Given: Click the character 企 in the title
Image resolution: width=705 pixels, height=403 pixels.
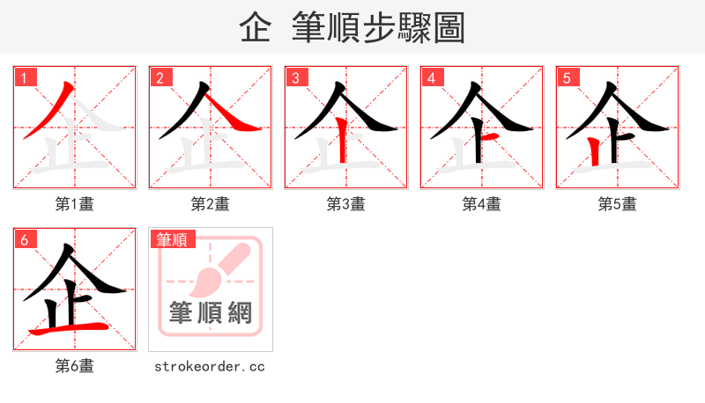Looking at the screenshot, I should pos(255,28).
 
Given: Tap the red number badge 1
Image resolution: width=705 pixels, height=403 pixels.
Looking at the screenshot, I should pos(24,77).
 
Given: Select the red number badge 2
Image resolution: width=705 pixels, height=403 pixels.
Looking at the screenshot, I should pos(160,77).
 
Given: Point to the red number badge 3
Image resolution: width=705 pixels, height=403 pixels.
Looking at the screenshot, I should pos(295,77).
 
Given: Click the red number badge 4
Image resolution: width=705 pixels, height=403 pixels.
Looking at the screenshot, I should pos(431,77).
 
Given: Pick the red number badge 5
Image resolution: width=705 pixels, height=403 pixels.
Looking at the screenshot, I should pos(567,77).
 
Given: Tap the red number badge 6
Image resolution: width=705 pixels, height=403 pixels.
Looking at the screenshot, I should pos(24,239).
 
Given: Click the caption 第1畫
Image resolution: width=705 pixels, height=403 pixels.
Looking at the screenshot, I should pos(75,204).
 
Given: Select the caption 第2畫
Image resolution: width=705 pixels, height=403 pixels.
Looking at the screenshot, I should pos(211,204).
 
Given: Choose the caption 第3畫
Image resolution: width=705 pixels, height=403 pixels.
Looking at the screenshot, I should pos(346,204).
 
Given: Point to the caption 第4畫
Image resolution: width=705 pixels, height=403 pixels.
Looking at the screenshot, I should pos(482,204).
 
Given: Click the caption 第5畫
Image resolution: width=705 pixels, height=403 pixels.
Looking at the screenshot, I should pos(618,204).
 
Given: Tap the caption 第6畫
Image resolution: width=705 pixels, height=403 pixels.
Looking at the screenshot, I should pos(75,366).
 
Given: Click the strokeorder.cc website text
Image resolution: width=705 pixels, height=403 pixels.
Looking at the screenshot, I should pos(210,366).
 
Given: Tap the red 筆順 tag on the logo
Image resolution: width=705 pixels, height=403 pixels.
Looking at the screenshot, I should pos(172,239).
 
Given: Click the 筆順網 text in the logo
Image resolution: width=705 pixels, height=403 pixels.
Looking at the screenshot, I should pos(211,312).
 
